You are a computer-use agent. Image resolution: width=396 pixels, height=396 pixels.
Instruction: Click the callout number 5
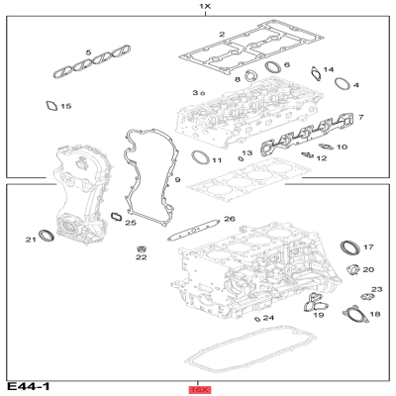tap(87, 52)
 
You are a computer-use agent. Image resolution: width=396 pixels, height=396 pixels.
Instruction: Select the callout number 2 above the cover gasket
tap(222, 35)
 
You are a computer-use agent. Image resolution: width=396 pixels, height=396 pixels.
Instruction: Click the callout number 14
tap(329, 69)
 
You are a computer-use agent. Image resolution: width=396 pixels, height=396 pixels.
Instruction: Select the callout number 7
tap(360, 118)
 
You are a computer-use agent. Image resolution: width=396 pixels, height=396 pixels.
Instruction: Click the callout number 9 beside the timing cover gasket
tap(177, 180)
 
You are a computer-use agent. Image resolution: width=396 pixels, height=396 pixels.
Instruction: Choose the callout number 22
tap(141, 257)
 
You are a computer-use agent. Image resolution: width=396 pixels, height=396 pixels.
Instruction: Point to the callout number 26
tap(229, 219)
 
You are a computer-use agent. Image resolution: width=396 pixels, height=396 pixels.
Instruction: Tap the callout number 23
tap(376, 289)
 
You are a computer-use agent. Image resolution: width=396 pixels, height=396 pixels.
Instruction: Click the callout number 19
tap(318, 316)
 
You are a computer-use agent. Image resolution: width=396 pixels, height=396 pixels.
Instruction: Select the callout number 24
tap(268, 317)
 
